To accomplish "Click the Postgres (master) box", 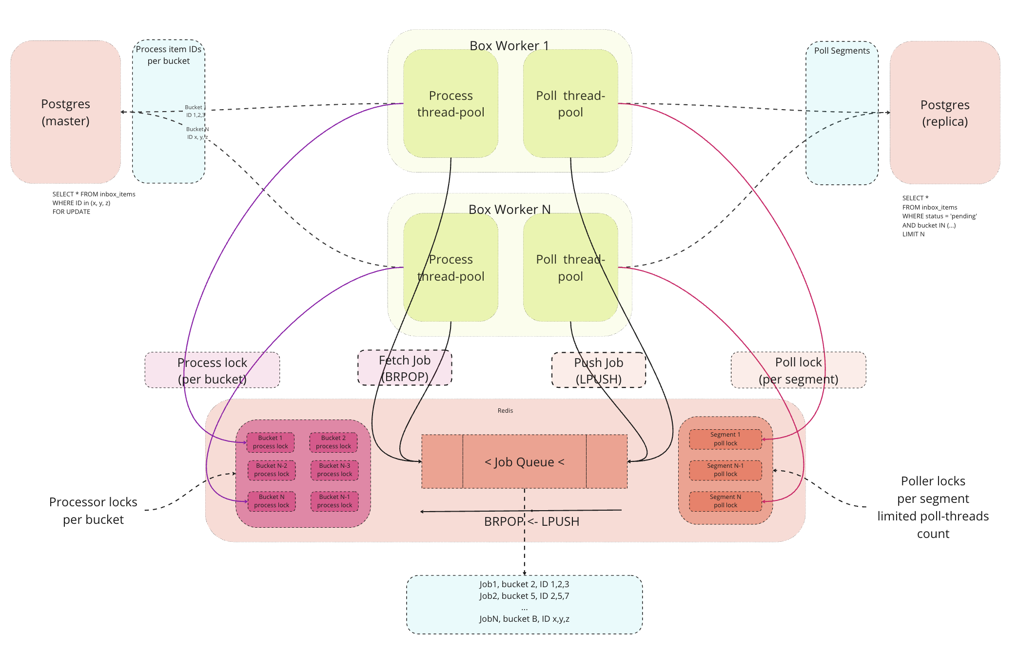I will click(x=65, y=112).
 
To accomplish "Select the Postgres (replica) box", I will click(x=944, y=113).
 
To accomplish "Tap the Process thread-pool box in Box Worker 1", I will click(x=451, y=104).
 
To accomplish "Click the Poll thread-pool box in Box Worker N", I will click(x=570, y=268).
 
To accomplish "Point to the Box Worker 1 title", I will click(x=509, y=45).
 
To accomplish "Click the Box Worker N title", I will click(x=509, y=209).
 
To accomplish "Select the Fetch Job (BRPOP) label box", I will click(x=404, y=368).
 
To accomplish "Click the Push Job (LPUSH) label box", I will click(x=598, y=370).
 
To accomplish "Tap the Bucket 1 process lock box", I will click(x=270, y=442).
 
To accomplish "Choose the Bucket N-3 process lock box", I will click(x=334, y=470).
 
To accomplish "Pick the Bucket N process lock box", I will click(x=271, y=501).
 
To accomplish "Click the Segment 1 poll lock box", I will click(x=725, y=439).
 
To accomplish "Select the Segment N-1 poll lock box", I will click(x=725, y=470).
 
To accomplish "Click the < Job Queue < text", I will click(x=524, y=461).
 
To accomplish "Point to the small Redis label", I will click(x=505, y=410).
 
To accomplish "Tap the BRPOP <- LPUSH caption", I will click(x=531, y=521).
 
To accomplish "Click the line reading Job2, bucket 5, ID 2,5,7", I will click(x=524, y=595).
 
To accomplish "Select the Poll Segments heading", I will click(x=842, y=51).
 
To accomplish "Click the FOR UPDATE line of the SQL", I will click(x=71, y=211).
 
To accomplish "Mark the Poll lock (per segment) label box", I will click(x=798, y=370).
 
